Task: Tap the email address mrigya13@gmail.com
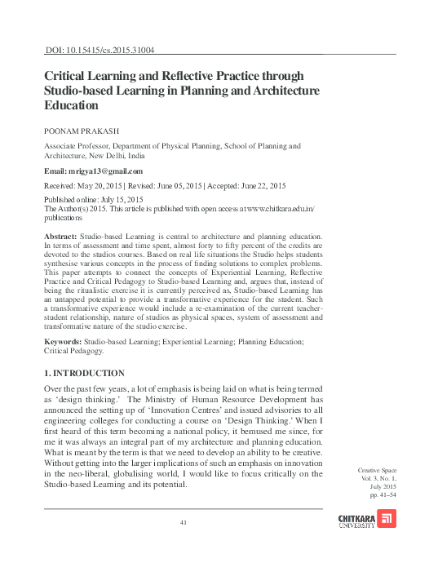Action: [x=107, y=171]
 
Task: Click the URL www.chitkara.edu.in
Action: [x=276, y=209]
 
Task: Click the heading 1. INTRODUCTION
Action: [x=84, y=372]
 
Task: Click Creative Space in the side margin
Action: [x=378, y=472]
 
